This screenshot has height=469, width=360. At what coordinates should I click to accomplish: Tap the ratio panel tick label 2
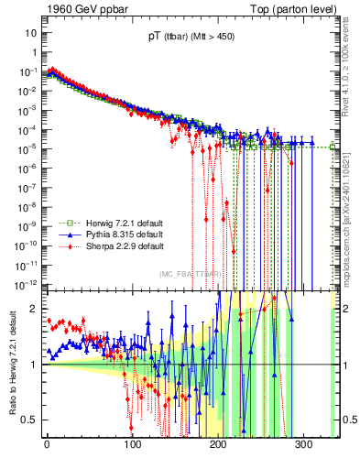(33, 309)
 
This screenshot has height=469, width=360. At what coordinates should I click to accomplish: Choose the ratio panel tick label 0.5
(29, 420)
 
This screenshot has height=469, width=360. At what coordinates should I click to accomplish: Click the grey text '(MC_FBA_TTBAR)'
(189, 274)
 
